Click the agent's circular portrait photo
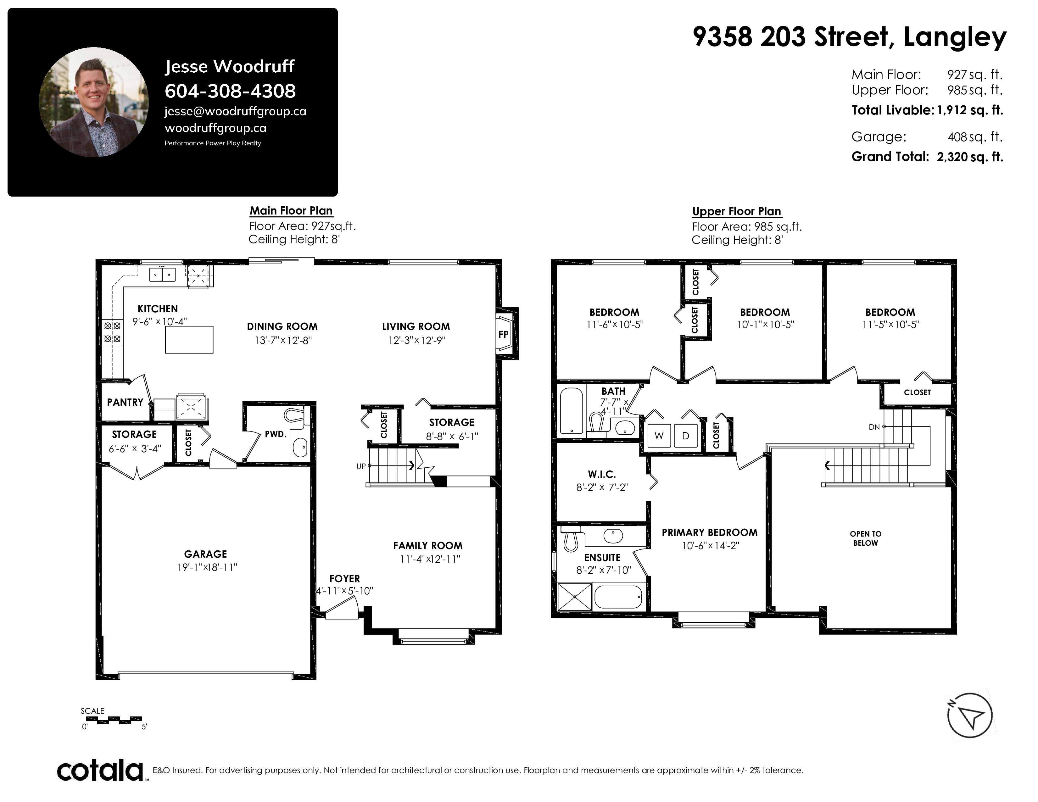[94, 102]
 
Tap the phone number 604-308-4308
[230, 91]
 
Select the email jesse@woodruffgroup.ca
[235, 111]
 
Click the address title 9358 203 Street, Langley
[849, 37]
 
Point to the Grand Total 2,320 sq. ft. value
[969, 157]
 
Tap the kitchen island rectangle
[189, 339]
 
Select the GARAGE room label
[205, 554]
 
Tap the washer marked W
[659, 436]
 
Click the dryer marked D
[685, 436]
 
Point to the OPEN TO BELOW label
[866, 538]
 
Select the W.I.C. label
[602, 474]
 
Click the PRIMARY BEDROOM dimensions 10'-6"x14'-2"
[711, 545]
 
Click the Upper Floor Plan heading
[736, 211]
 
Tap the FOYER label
[344, 579]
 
